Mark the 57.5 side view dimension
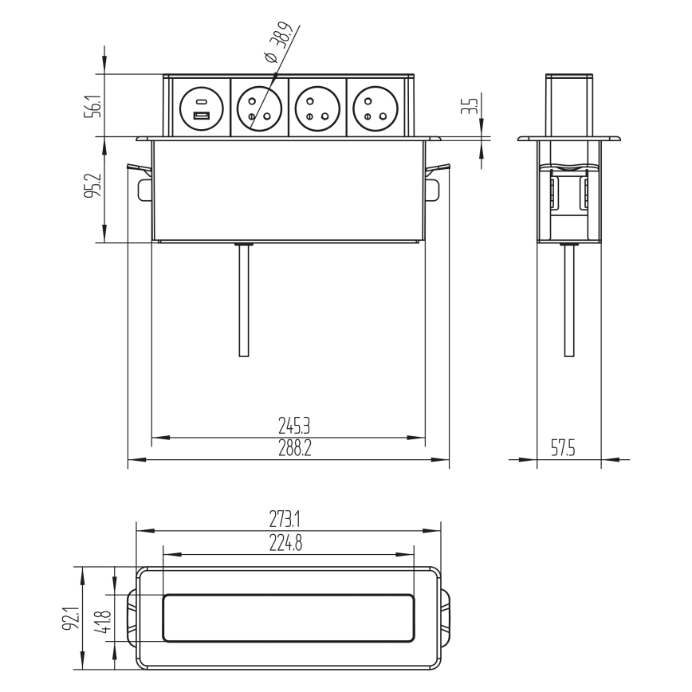(564, 450)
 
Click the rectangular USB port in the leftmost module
(201, 117)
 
